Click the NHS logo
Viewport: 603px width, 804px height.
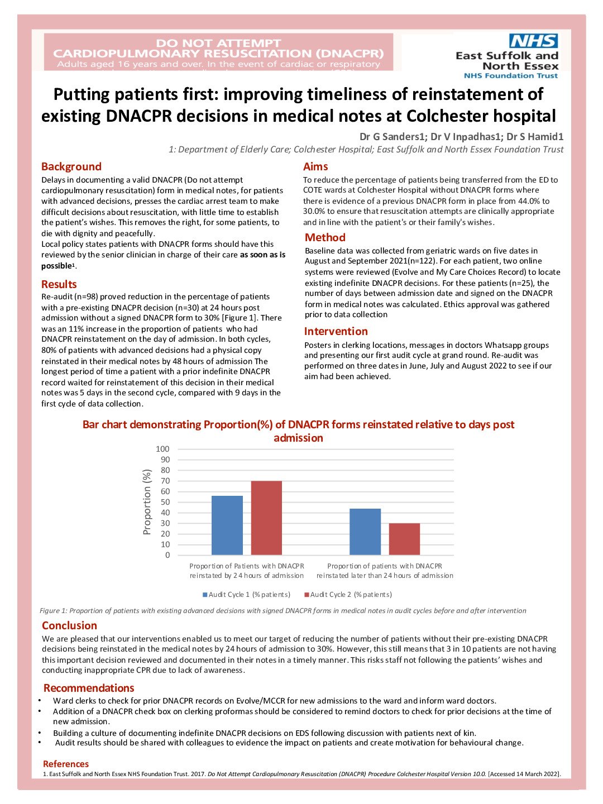(533, 41)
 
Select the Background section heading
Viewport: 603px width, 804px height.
(71, 166)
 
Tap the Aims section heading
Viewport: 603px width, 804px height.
(315, 166)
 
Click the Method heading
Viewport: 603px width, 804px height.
(325, 237)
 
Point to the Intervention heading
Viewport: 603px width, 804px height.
(336, 331)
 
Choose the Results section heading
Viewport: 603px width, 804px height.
(59, 284)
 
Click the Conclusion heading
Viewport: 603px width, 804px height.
(69, 625)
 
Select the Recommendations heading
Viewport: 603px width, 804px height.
(89, 688)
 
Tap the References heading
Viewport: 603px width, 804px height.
(65, 764)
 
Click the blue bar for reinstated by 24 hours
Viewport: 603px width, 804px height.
(227, 525)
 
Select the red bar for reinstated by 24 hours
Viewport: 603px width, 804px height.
(266, 518)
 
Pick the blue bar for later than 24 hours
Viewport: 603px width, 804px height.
(365, 532)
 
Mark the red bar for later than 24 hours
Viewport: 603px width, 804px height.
(404, 539)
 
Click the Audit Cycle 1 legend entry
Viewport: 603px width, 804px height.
(246, 595)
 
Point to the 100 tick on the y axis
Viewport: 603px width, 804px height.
(162, 449)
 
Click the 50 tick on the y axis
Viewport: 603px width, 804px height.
(165, 502)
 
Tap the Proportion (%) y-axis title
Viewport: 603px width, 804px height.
(147, 502)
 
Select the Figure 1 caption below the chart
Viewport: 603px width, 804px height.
(283, 611)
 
